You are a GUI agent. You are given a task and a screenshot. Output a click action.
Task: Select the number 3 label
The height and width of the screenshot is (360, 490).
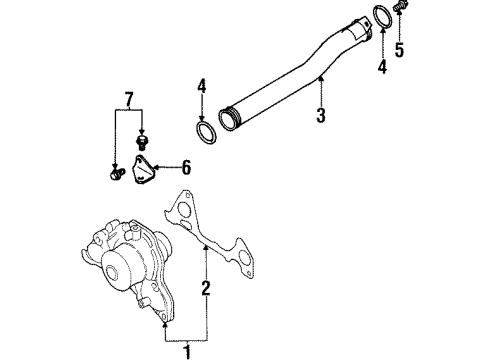tap(320, 116)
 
